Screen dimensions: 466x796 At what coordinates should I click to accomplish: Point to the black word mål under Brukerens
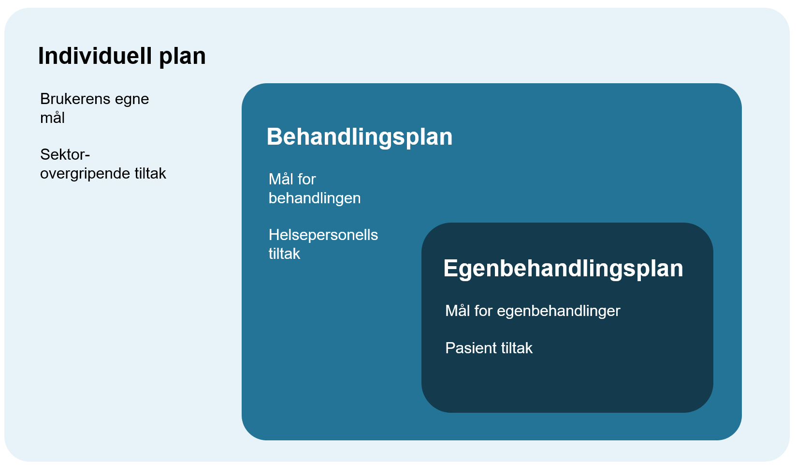pos(52,118)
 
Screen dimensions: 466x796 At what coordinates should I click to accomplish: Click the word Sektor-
pos(65,155)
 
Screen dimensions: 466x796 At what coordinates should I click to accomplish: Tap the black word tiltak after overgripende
pos(150,174)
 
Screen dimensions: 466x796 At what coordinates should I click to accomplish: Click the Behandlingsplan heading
pos(359,137)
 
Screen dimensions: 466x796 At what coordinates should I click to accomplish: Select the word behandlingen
pos(314,198)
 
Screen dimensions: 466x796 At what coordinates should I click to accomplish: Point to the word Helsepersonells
pos(323,235)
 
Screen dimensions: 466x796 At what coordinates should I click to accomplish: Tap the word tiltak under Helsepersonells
pos(284,254)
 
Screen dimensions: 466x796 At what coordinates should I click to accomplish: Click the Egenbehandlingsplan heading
pos(563,269)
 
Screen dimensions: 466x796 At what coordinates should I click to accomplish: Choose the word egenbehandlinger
pos(558,311)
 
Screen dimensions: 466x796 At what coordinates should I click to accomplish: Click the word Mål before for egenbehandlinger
pos(457,311)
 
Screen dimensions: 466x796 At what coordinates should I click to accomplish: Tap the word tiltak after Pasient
pos(517,348)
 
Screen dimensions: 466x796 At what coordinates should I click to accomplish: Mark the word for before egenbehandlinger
pos(483,311)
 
